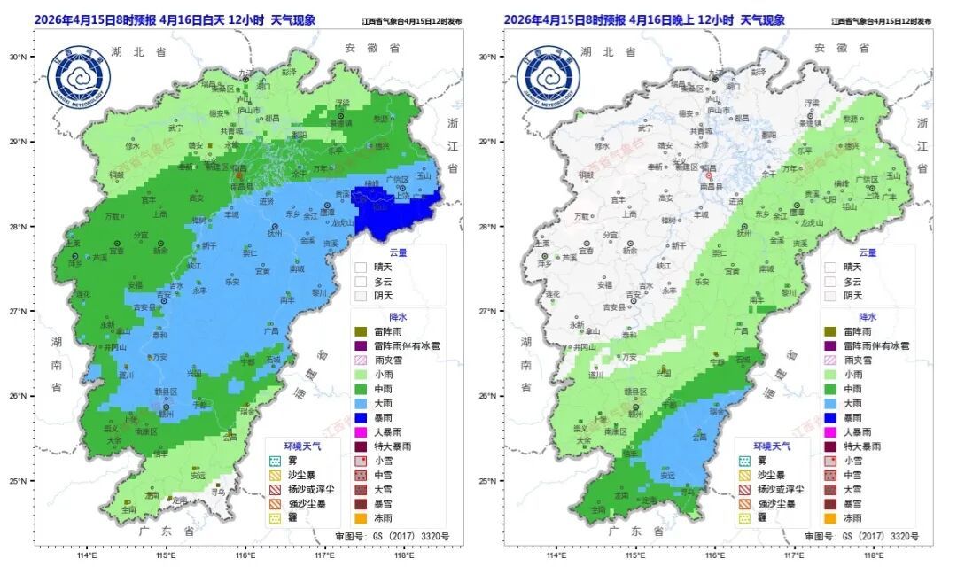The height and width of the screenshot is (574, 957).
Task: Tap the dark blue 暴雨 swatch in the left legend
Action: [361, 417]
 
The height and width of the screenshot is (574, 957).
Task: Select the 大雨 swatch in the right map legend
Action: [830, 403]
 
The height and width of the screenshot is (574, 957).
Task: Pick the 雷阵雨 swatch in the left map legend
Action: [361, 331]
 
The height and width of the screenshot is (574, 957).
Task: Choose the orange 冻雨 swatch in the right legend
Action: [830, 518]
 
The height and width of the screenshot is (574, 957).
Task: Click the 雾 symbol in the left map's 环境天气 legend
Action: [275, 461]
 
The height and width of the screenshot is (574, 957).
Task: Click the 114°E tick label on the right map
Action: [556, 556]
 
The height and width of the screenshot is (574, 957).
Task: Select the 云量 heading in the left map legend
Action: [398, 252]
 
